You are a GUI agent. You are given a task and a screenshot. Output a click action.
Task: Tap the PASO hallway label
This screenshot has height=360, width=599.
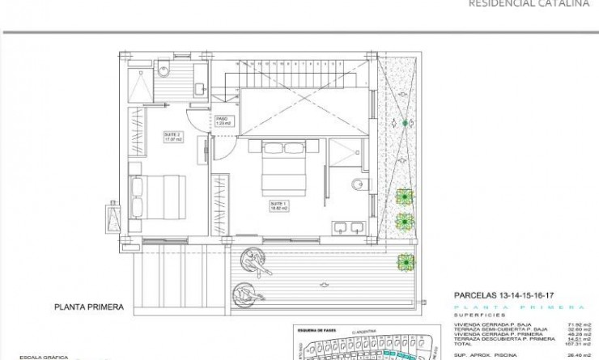click(223, 121)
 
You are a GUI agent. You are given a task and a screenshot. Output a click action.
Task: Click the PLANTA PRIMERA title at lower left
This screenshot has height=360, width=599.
click(88, 307)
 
